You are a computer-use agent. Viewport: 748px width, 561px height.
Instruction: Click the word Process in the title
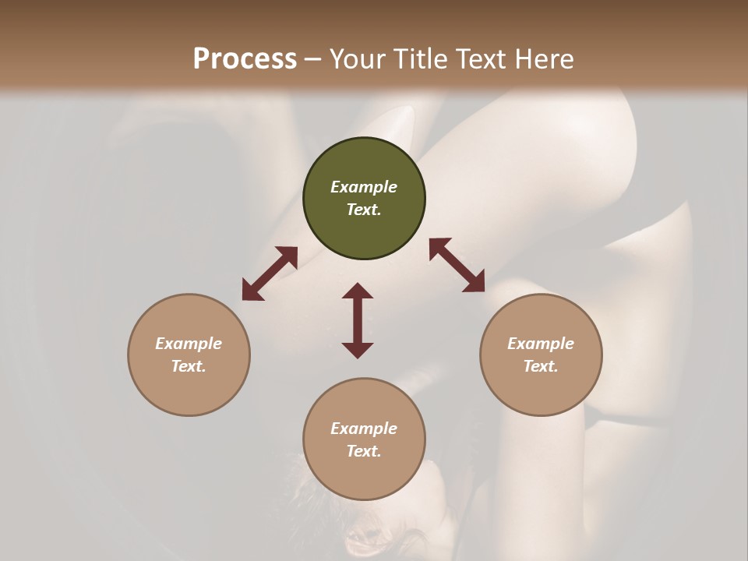click(x=245, y=59)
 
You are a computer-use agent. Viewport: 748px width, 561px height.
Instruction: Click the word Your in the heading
click(x=358, y=59)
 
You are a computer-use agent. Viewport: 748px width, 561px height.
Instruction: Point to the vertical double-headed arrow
click(x=358, y=320)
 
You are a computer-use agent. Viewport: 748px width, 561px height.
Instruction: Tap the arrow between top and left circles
click(x=270, y=273)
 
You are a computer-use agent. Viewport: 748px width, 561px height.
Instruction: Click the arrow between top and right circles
click(x=457, y=265)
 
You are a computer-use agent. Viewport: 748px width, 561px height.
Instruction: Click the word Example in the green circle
click(x=364, y=187)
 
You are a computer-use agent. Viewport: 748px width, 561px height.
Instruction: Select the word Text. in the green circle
click(x=364, y=210)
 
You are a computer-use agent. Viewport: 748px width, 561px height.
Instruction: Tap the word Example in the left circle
click(x=189, y=344)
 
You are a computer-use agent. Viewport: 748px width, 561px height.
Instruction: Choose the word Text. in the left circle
click(x=189, y=366)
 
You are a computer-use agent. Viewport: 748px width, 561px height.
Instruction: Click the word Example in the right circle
click(x=541, y=344)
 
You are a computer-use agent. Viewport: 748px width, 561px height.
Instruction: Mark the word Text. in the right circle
click(x=541, y=366)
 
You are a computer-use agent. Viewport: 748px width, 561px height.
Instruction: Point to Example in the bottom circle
click(x=364, y=429)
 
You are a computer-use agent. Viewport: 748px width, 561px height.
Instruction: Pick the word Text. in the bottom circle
click(x=364, y=451)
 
